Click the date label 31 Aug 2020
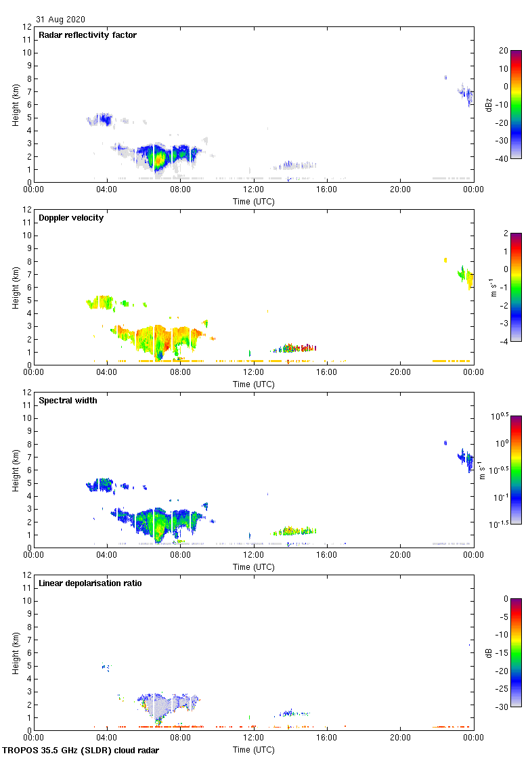pos(61,20)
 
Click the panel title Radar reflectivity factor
pos(87,35)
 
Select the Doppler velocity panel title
pos(71,218)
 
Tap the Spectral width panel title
pos(69,401)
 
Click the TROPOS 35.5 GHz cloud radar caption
pos(81,751)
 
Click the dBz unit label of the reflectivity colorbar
pos(489,104)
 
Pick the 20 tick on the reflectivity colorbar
pos(504,51)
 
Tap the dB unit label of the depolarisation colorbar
pos(489,652)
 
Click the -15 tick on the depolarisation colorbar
pos(504,653)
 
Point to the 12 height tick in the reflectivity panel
pos(27,27)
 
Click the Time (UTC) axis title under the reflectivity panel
pos(254,201)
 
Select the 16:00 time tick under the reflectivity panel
pos(327,189)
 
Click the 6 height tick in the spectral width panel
pos(29,470)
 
